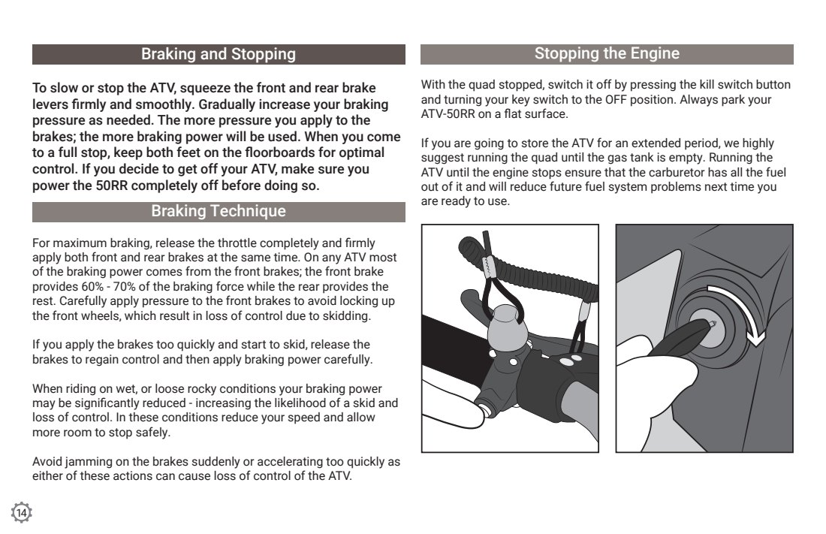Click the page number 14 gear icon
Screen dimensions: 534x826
pos(22,512)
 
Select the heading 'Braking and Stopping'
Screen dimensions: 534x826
pos(219,54)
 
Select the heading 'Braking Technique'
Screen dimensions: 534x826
pos(219,211)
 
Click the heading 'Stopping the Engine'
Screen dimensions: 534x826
pos(607,53)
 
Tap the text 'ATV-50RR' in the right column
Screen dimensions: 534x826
pos(446,114)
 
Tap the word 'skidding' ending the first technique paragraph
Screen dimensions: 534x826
pos(345,315)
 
